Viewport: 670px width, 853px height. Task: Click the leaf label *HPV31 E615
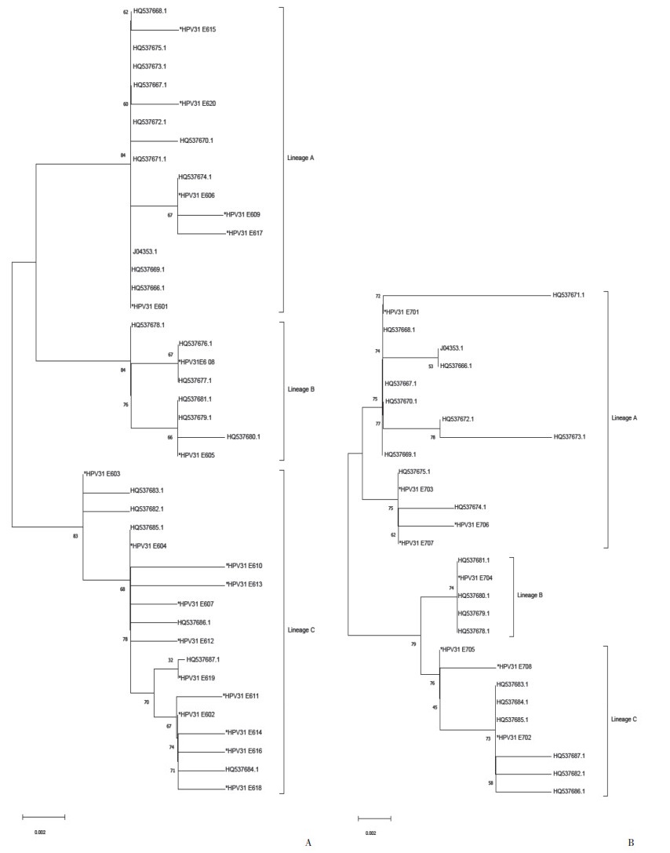coord(198,30)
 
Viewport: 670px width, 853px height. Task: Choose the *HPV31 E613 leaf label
coord(244,585)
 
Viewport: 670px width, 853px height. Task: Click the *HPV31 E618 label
coord(244,788)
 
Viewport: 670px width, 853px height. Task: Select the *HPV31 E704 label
coord(475,578)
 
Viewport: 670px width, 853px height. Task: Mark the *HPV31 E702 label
coord(515,738)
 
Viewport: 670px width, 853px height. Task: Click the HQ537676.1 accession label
coord(196,344)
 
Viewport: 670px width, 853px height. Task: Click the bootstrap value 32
coord(170,661)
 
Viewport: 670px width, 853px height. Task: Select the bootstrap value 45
coord(435,707)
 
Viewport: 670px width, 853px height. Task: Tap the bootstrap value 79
coord(413,644)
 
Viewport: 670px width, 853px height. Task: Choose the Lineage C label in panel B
coord(624,719)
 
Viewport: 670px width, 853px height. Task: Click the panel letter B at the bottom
coord(631,843)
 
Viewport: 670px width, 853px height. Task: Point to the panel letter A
coord(308,843)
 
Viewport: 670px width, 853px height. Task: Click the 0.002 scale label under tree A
coord(41,831)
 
